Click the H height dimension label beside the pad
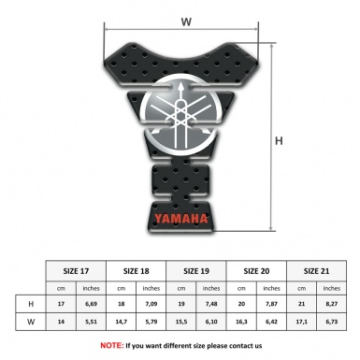point(278,141)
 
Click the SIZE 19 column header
point(196,270)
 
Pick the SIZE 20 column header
point(256,270)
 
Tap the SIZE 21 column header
point(316,270)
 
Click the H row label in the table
point(32,305)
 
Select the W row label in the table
point(32,324)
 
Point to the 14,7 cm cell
point(121,324)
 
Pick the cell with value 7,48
point(211,305)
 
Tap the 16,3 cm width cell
point(240,324)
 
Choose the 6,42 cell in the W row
point(271,324)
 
